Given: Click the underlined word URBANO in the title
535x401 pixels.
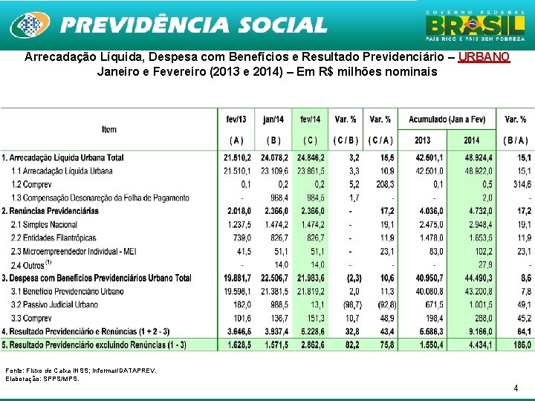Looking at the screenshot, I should [x=484, y=57].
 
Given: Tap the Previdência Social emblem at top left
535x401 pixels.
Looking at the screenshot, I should [x=30, y=25].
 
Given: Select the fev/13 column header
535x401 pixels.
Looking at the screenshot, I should [x=236, y=119].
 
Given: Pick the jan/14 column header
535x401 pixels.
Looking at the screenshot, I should [x=273, y=119].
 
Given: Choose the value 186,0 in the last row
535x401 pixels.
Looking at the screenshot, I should [x=520, y=345].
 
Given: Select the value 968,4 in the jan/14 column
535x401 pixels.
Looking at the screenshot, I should [x=274, y=198].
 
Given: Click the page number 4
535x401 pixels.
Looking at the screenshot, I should [x=516, y=388].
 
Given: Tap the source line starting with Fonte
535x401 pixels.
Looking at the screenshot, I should [x=81, y=370].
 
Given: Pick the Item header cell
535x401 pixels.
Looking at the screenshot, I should [x=109, y=129].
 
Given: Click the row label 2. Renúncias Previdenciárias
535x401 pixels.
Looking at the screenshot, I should [x=51, y=211].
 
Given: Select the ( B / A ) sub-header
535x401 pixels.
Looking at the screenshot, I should [x=515, y=140].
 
